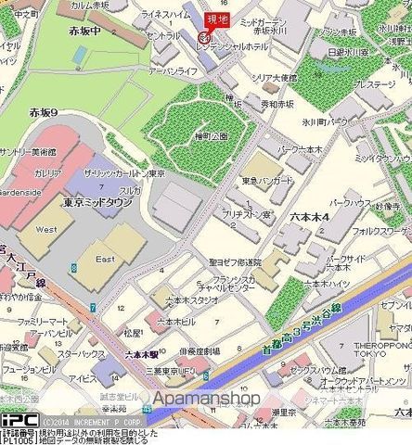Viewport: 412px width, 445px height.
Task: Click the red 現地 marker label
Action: (x=216, y=19)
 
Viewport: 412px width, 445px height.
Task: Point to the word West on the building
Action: (x=44, y=227)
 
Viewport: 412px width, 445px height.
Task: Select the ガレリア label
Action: (x=48, y=173)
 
